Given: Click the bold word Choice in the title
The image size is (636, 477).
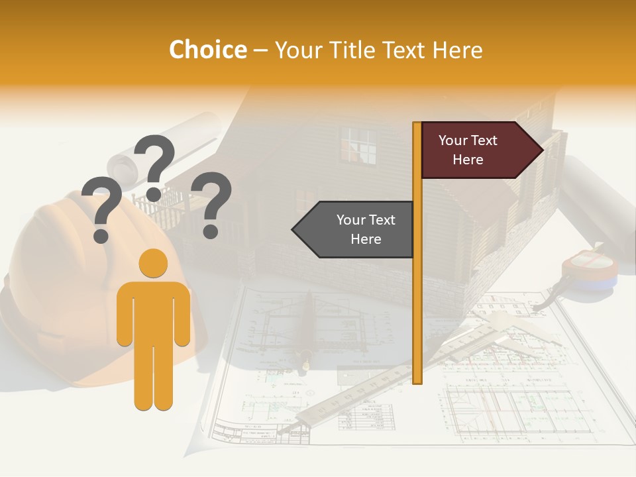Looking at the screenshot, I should pyautogui.click(x=207, y=50).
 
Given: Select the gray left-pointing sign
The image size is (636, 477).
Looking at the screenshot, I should pyautogui.click(x=354, y=229).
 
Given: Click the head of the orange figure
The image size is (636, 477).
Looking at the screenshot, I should pyautogui.click(x=153, y=263).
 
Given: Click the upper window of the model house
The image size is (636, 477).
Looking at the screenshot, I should pyautogui.click(x=358, y=146).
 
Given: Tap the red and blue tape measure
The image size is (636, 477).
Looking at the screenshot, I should pyautogui.click(x=589, y=272).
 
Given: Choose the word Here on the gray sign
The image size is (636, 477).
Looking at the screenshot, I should pyautogui.click(x=366, y=239).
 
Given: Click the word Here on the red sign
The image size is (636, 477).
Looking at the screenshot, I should pyautogui.click(x=468, y=160).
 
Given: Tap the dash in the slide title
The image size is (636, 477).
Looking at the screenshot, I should pyautogui.click(x=260, y=50).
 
